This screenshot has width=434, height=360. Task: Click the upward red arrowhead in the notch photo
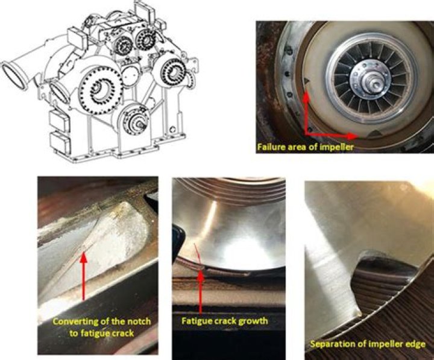point(84,258)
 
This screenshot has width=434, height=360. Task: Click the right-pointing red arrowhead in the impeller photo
point(352,136)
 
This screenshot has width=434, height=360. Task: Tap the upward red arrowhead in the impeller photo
point(306,96)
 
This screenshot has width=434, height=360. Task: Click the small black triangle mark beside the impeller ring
point(307,81)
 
